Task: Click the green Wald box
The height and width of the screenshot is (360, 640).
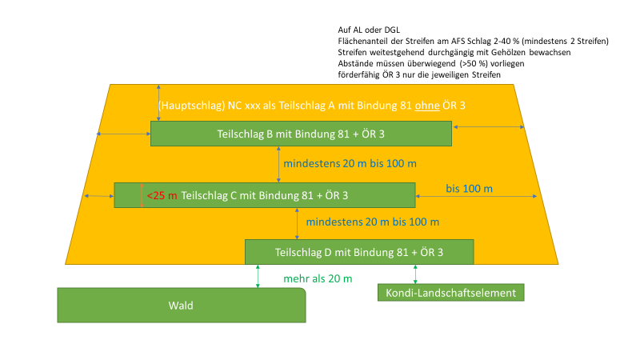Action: click(x=181, y=306)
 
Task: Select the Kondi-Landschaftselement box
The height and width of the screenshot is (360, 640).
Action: click(x=451, y=293)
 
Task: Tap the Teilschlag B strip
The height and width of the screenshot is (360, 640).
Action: click(x=301, y=134)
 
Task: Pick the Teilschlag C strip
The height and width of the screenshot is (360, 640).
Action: click(x=264, y=195)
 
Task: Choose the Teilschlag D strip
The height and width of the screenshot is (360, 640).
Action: click(x=359, y=252)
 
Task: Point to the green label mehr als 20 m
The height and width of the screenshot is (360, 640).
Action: click(x=318, y=278)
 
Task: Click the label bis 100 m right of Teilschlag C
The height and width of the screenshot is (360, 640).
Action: click(x=470, y=189)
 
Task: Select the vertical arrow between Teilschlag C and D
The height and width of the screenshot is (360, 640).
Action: click(x=298, y=223)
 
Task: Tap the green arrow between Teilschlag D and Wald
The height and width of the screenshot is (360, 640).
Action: click(x=258, y=276)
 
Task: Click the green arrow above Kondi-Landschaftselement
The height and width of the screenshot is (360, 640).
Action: click(x=416, y=274)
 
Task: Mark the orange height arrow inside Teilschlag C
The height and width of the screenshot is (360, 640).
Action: click(x=142, y=195)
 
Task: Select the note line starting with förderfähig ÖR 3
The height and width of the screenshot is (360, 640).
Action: click(x=420, y=74)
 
